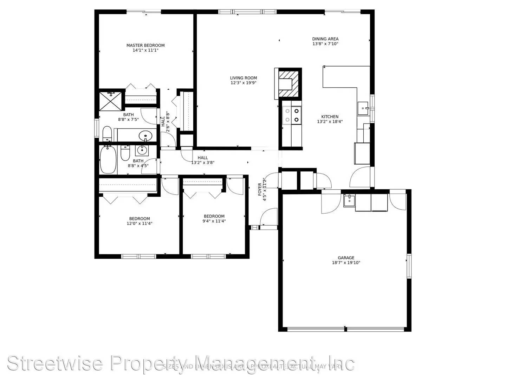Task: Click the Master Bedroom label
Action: (145, 45)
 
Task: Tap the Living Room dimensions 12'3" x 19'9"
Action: (243, 83)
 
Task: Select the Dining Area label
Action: (325, 39)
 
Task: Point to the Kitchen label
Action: (330, 117)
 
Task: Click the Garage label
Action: (346, 258)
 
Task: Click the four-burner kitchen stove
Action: (292, 115)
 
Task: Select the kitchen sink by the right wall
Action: (363, 108)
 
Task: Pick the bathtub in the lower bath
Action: (108, 160)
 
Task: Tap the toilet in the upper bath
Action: (107, 134)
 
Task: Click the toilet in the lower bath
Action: (125, 153)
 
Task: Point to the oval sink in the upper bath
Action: (145, 135)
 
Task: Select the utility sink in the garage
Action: (349, 201)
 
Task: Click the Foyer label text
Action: (260, 189)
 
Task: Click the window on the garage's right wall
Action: (409, 266)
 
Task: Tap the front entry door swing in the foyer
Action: (268, 217)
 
